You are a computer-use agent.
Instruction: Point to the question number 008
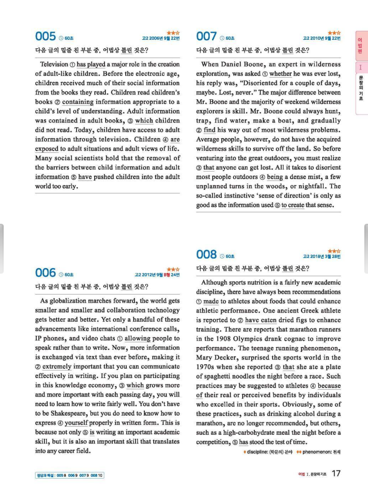pyautogui.click(x=206, y=254)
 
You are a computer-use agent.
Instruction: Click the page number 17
pyautogui.click(x=336, y=473)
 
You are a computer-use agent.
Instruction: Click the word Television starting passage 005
pyautogui.click(x=54, y=64)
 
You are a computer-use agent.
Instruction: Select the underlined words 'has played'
pyautogui.click(x=91, y=64)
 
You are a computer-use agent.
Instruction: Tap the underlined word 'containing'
pyautogui.click(x=78, y=102)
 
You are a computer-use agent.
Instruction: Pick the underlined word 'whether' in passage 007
pyautogui.click(x=280, y=74)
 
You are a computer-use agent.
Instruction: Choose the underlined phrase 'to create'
pyautogui.click(x=293, y=205)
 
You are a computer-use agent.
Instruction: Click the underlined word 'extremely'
pyautogui.click(x=57, y=366)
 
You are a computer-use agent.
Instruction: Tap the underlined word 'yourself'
pyautogui.click(x=76, y=423)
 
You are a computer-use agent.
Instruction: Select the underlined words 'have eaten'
pyautogui.click(x=260, y=320)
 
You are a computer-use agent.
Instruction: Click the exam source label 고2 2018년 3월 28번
pyautogui.click(x=321, y=256)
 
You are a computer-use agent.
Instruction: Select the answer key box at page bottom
pyautogui.click(x=69, y=475)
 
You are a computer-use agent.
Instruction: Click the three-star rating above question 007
pyautogui.click(x=334, y=33)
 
